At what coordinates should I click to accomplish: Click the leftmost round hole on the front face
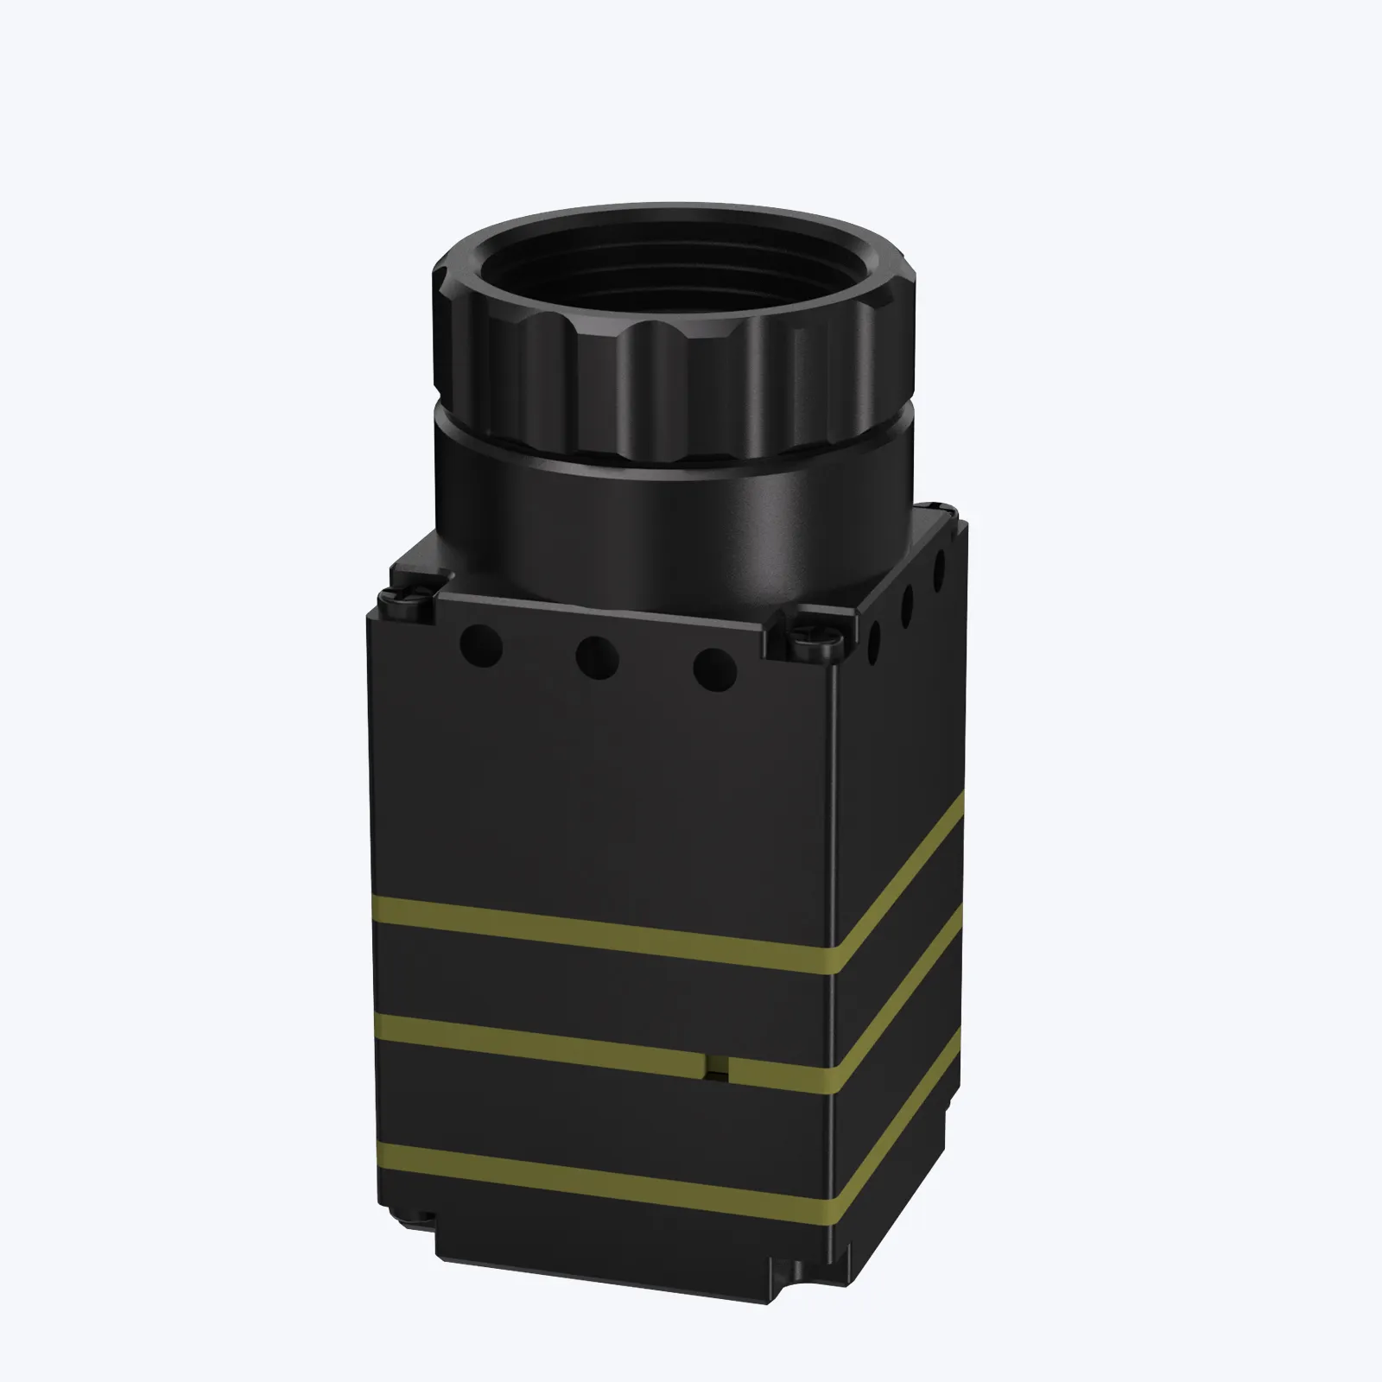481,644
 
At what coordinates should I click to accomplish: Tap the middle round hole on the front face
598,656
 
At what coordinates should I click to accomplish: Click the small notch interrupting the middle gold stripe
716,1068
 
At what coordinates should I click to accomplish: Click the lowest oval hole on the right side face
875,640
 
